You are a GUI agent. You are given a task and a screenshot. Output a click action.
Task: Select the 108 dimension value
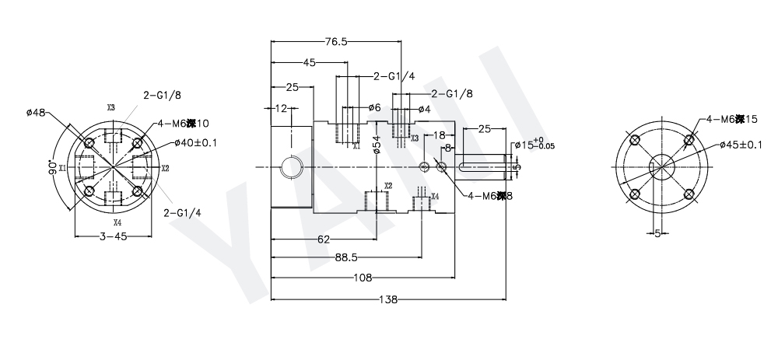pos(362,277)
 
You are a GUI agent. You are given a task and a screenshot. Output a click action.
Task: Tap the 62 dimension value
pos(324,239)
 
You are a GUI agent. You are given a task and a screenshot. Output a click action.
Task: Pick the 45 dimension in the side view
pos(309,63)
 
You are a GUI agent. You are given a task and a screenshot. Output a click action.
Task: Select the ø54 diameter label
pos(377,145)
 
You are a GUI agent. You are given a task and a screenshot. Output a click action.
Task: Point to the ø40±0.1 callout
pos(196,142)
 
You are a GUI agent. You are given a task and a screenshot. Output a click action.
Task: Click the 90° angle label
pos(52,169)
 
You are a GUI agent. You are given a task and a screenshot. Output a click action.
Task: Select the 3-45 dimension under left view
pos(114,237)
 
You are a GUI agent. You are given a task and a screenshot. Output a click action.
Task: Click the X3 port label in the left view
pos(111,107)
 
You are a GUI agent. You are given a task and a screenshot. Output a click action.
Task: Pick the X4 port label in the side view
pos(435,197)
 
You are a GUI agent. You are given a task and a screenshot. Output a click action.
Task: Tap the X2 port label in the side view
pos(388,187)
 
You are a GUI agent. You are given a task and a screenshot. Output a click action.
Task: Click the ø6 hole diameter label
pos(374,108)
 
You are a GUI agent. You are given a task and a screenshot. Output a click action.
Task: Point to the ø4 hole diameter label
pos(424,108)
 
